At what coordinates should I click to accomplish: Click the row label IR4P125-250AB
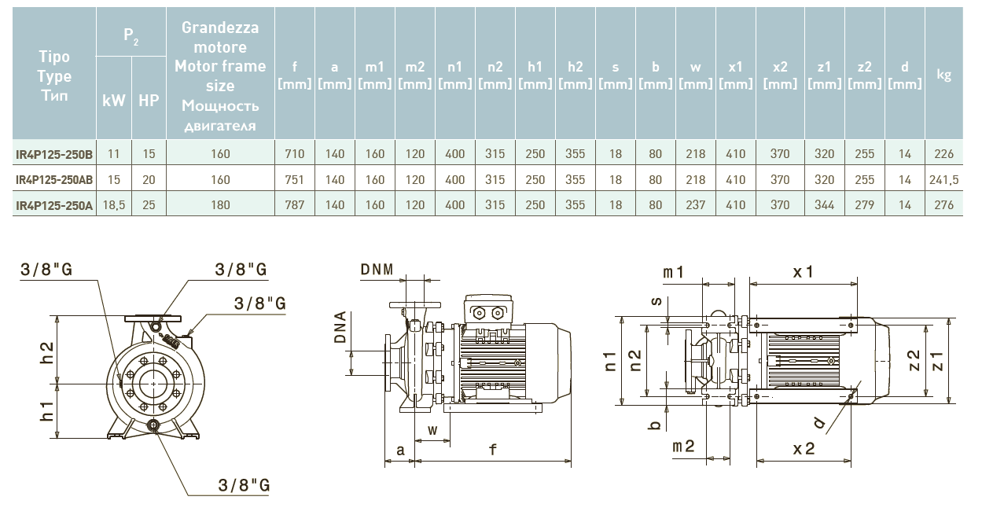click(x=54, y=180)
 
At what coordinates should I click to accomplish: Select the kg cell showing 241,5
click(x=944, y=180)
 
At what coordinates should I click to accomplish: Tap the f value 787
click(x=295, y=205)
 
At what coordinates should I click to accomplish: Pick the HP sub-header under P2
click(x=149, y=101)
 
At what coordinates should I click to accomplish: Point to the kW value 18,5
click(x=114, y=205)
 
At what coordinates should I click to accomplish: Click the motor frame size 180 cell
click(x=221, y=205)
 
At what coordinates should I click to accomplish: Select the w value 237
click(x=695, y=205)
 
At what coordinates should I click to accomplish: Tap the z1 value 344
click(x=824, y=205)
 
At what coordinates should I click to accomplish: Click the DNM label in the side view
click(x=377, y=270)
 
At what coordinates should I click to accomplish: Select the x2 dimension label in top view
click(x=804, y=448)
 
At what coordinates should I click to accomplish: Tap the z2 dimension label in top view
click(x=913, y=361)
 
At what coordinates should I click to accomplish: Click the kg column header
click(x=944, y=75)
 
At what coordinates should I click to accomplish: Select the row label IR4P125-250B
click(x=54, y=155)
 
